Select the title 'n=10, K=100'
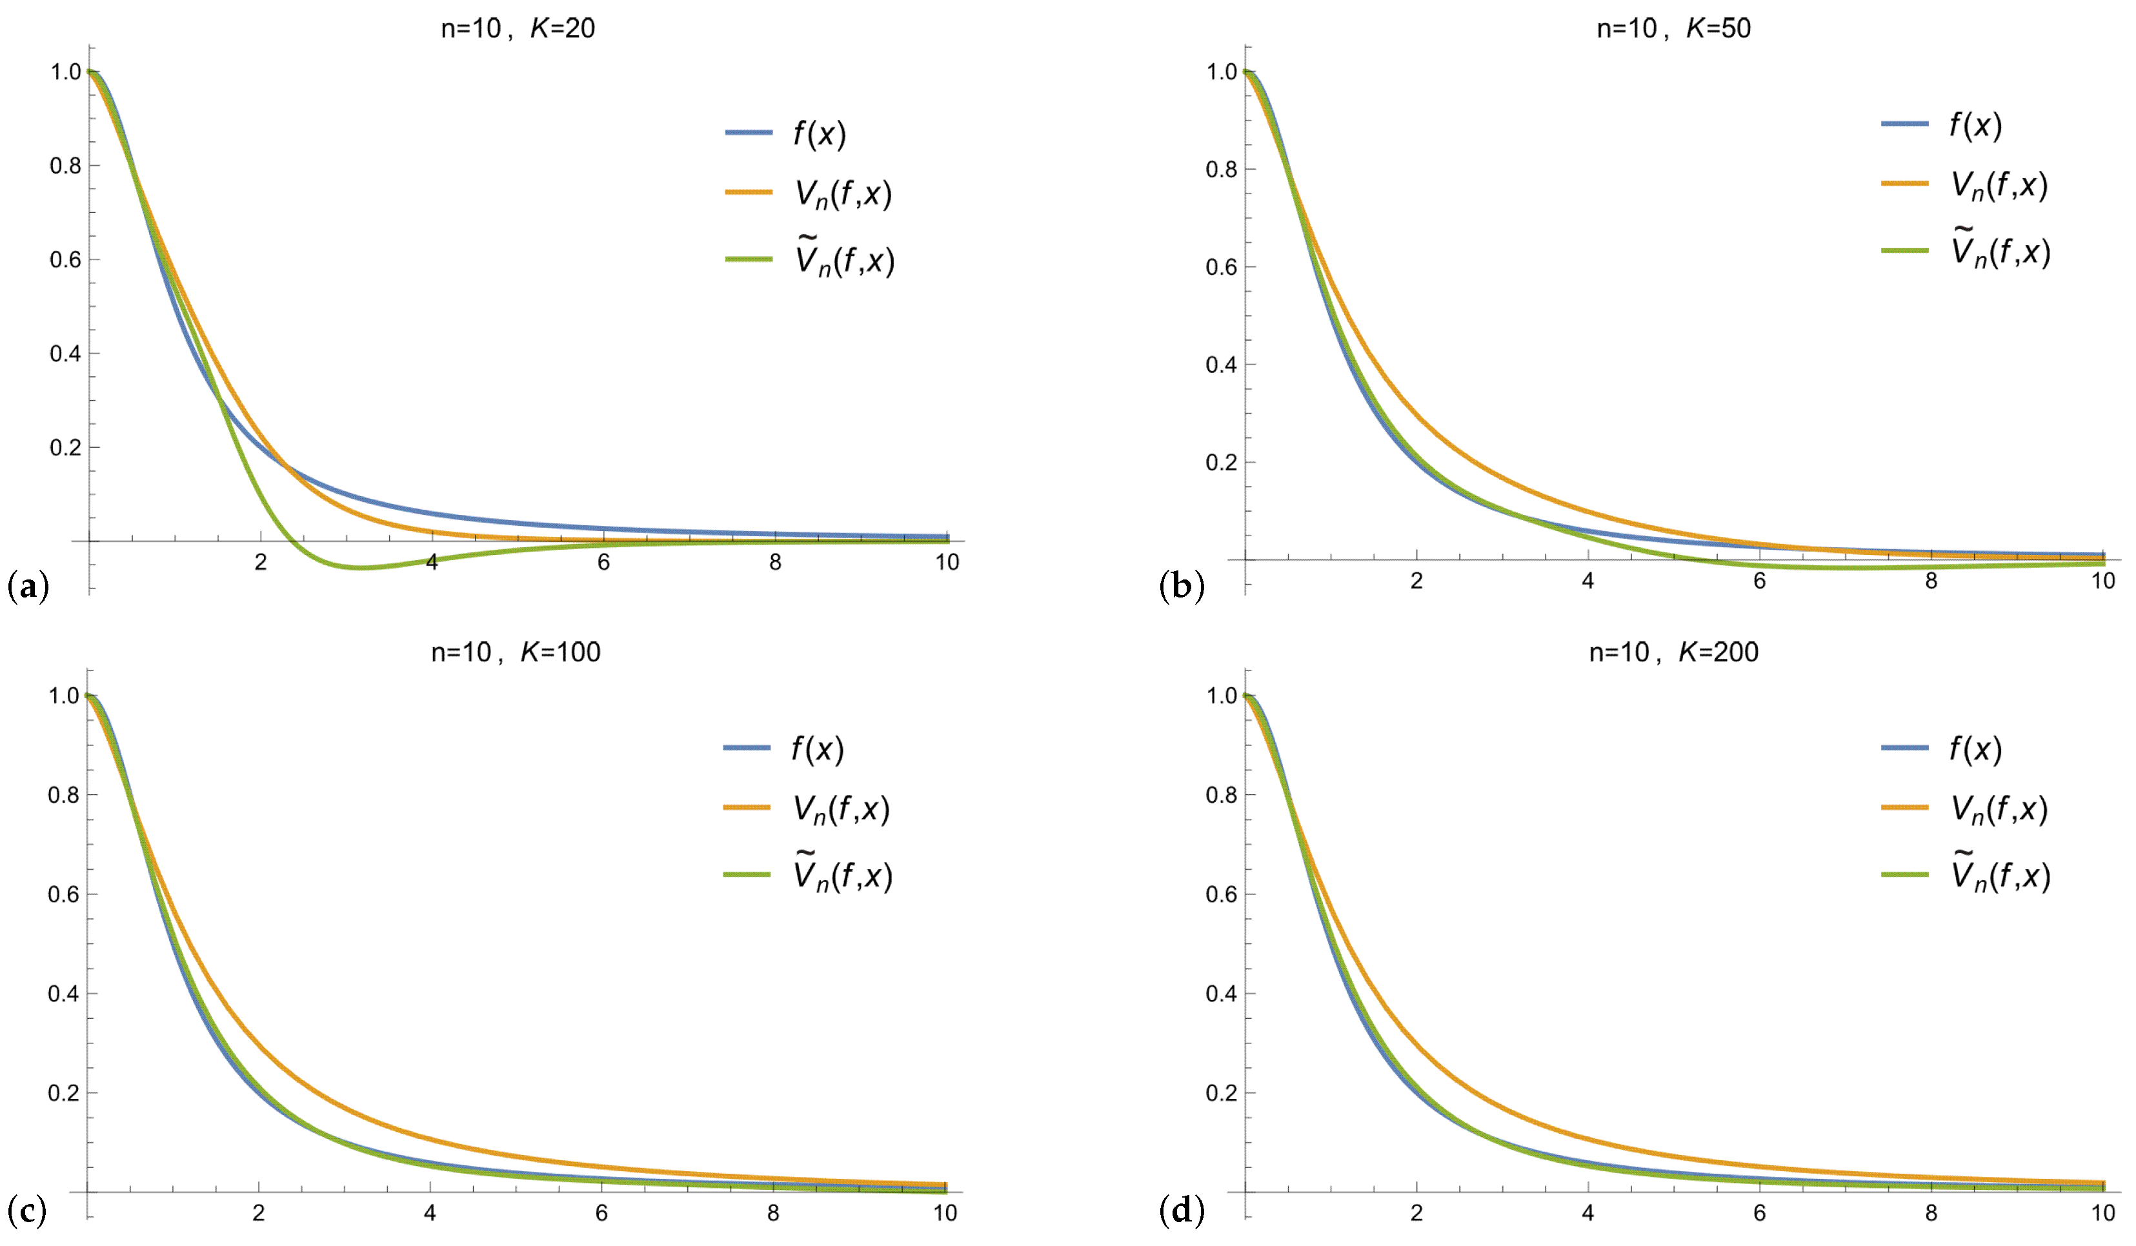point(516,652)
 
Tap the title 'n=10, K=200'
point(1673,652)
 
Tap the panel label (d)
point(1182,1211)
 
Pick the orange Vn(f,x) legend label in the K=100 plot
point(841,809)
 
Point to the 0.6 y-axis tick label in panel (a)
point(65,259)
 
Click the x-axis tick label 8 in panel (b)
point(1931,581)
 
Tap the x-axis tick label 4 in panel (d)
point(1587,1213)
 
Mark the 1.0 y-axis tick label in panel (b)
point(1222,72)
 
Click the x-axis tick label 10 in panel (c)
point(945,1213)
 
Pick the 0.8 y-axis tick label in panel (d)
point(1222,795)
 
